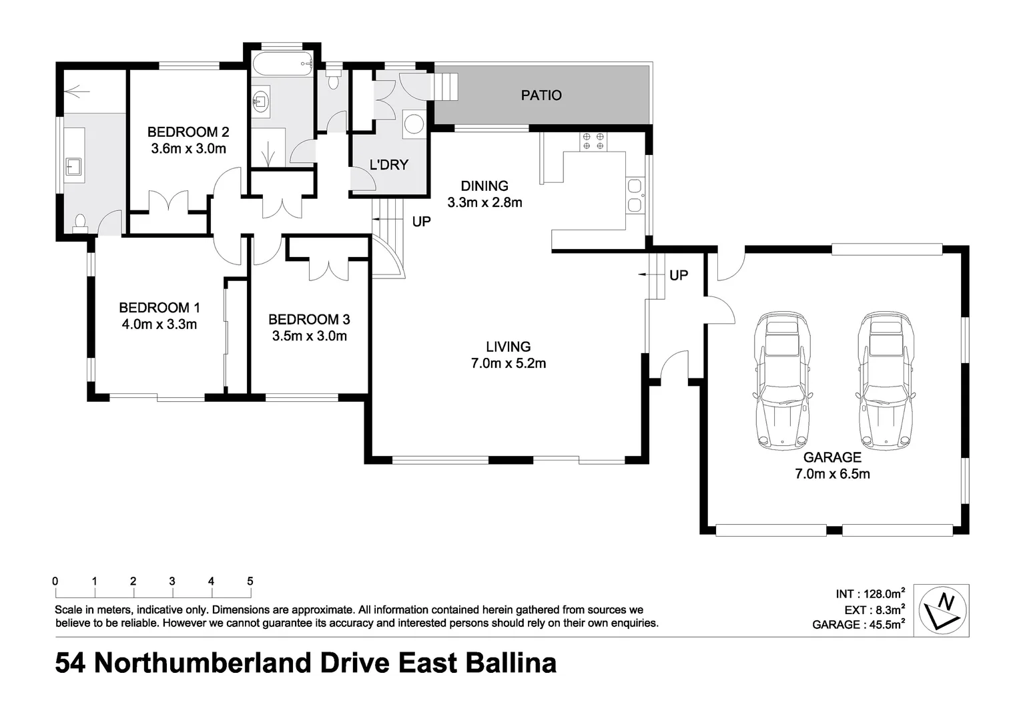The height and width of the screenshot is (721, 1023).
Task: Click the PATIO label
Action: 541,95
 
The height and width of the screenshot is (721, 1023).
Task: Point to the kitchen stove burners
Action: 593,141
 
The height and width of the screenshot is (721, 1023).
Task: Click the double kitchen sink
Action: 635,195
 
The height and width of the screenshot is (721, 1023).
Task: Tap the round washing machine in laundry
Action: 414,124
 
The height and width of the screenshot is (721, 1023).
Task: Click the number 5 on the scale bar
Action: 250,581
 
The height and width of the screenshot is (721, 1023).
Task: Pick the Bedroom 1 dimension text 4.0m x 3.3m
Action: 159,325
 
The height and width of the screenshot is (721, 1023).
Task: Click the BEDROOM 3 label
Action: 309,320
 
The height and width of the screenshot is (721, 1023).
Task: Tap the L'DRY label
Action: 388,165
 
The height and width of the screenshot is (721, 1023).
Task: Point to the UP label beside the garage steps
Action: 678,275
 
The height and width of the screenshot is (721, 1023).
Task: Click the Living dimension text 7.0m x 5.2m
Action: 508,364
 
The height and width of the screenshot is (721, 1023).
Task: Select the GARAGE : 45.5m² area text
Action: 858,625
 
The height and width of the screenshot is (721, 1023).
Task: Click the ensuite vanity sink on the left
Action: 73,167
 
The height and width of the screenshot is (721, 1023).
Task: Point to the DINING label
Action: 484,186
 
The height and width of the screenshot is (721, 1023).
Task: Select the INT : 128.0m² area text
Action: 870,593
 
